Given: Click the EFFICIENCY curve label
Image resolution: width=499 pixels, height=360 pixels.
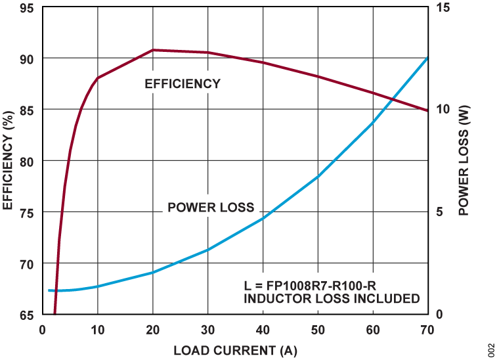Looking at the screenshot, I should point(183,83).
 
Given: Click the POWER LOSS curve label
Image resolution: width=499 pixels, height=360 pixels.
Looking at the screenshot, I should point(211,208).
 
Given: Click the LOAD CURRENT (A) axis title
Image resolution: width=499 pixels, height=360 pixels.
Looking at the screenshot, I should point(235,350).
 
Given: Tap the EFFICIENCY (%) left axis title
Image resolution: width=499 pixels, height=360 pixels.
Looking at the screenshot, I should point(9,161).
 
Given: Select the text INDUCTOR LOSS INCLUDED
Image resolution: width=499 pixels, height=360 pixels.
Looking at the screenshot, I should point(332,299).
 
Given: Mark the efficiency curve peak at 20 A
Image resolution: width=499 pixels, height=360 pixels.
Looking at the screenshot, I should point(153,50).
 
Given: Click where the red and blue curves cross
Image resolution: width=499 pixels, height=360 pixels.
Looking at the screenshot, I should point(392,99).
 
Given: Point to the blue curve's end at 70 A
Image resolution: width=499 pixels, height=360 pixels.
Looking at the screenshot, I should point(427,58).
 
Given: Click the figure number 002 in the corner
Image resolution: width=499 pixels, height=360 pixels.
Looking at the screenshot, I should point(490,348).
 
